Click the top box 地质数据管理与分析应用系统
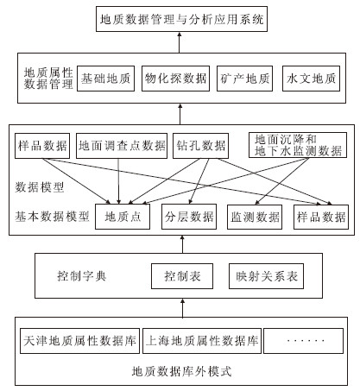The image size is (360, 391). [181, 19]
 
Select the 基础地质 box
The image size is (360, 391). [105, 79]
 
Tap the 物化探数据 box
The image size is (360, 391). [175, 79]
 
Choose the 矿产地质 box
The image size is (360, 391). [244, 79]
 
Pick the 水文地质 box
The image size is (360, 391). [311, 79]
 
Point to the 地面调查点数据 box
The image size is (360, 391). [122, 146]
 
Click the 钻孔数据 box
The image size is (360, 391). [200, 146]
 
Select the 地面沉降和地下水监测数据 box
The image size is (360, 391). [298, 145]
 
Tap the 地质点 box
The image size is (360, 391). [123, 217]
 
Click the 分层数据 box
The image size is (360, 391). [189, 217]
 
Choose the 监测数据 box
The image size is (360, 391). [255, 217]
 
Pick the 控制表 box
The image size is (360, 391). [182, 276]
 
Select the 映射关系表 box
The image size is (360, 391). [266, 276]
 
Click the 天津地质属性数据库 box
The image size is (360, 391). [79, 341]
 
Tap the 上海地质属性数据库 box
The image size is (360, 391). [202, 341]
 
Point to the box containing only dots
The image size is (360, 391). [304, 341]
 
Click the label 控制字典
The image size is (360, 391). [82, 276]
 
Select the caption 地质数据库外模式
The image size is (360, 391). [181, 371]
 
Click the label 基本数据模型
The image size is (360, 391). [52, 217]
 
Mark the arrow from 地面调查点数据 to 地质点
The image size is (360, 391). [118, 181]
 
